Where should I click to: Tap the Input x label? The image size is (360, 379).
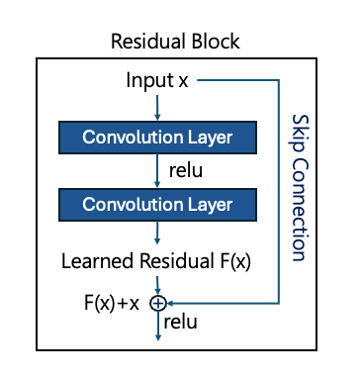(x=157, y=79)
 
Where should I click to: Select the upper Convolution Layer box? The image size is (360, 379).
(x=157, y=135)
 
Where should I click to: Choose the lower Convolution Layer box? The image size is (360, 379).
(x=157, y=204)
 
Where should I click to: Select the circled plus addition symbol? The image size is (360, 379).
(x=157, y=303)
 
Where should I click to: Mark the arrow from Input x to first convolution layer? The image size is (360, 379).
(x=157, y=105)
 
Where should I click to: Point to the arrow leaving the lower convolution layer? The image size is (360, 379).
(x=157, y=234)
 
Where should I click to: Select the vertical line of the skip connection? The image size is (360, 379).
(x=281, y=198)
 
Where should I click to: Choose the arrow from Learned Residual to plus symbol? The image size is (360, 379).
(x=157, y=285)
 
